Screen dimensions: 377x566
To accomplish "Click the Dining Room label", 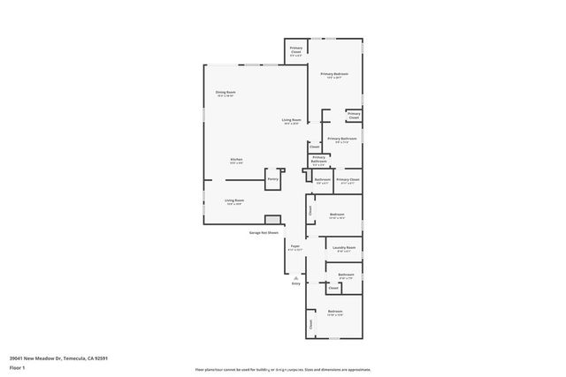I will pyautogui.click(x=226, y=93).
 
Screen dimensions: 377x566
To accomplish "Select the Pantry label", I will pyautogui.click(x=273, y=178).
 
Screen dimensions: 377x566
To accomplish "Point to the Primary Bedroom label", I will pyautogui.click(x=334, y=75).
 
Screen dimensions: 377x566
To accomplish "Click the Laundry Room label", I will pyautogui.click(x=344, y=249).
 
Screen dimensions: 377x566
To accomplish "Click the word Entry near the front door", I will pyautogui.click(x=295, y=283).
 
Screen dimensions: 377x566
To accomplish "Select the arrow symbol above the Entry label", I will pyautogui.click(x=295, y=276).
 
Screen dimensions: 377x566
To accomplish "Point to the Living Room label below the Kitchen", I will pyautogui.click(x=234, y=201).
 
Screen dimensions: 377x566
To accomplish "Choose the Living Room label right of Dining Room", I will pyautogui.click(x=292, y=121).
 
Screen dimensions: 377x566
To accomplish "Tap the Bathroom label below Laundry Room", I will pyautogui.click(x=345, y=275).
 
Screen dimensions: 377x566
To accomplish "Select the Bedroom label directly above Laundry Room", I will pyautogui.click(x=337, y=215).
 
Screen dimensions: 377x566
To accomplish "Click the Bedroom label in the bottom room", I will pyautogui.click(x=335, y=313).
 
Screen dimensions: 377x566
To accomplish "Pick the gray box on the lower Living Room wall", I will pyautogui.click(x=272, y=220).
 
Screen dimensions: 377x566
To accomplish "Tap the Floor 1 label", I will pyautogui.click(x=17, y=367).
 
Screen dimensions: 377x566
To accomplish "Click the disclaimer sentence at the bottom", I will pyautogui.click(x=283, y=369).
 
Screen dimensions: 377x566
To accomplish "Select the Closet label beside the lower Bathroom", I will pyautogui.click(x=333, y=288).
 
